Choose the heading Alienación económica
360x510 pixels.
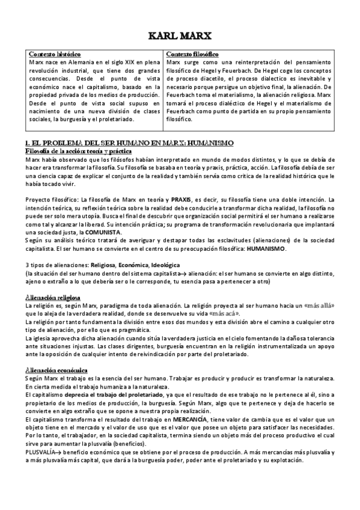point(57,369)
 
